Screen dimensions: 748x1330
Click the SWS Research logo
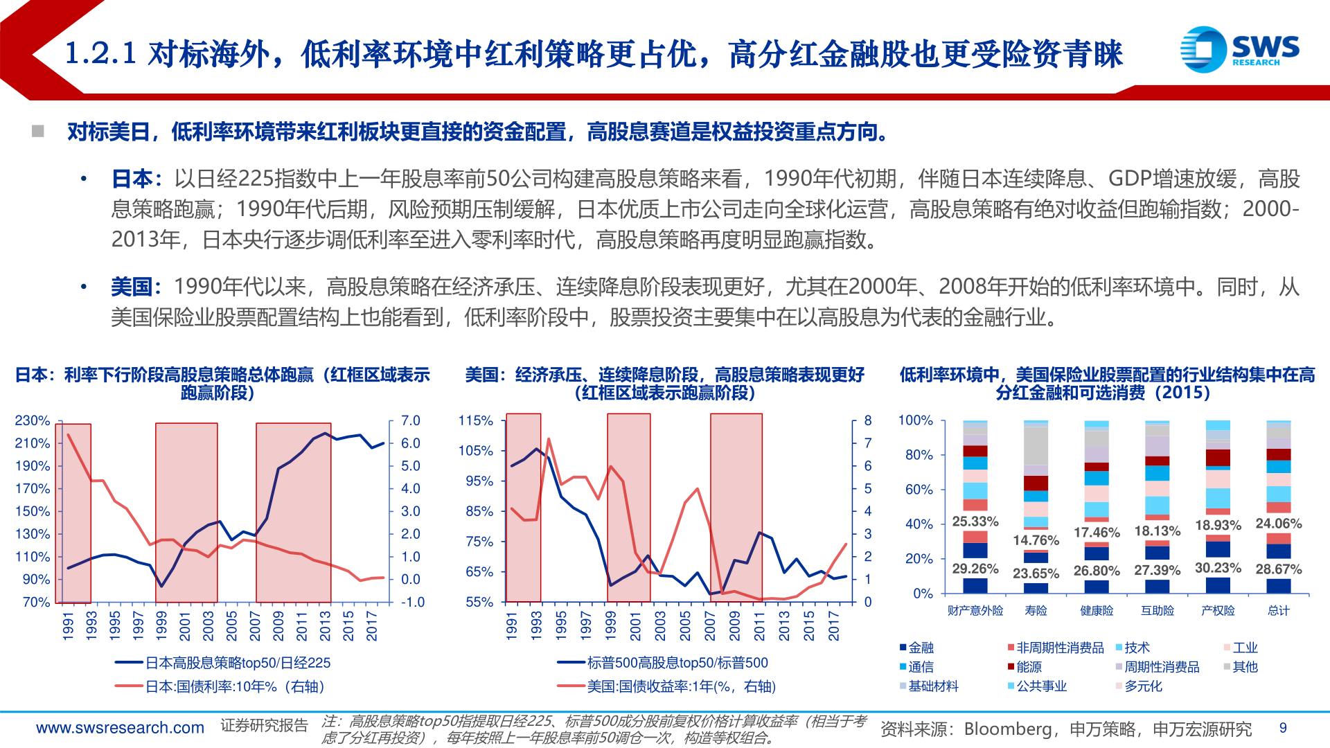pos(1239,49)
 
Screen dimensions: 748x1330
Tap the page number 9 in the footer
pos(1283,728)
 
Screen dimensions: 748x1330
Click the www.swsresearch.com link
pos(120,728)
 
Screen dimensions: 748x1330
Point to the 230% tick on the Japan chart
pos(33,420)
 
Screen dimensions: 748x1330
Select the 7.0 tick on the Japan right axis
pos(411,420)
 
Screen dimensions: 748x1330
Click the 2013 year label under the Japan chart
pos(325,626)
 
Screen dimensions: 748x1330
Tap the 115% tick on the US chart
pos(476,420)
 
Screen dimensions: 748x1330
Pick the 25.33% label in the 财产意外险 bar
pos(975,522)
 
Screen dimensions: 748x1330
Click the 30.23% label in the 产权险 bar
pos(1218,568)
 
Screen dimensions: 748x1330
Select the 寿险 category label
pos(1036,611)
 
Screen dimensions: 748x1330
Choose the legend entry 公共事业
pos(1041,686)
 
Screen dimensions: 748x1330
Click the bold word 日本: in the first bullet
pos(136,179)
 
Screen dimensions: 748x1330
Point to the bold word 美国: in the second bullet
pos(136,287)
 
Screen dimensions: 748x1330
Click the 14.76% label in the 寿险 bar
pos(1036,540)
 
